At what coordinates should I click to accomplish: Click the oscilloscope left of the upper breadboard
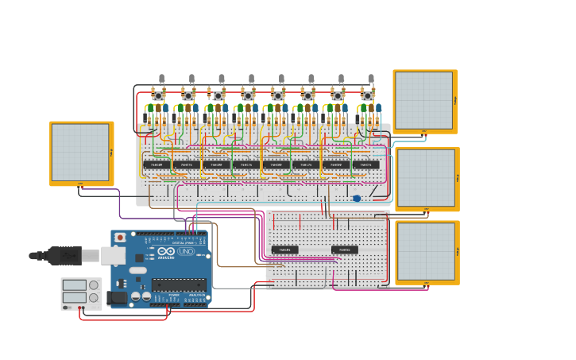80,153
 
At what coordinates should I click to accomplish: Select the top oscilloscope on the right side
424,101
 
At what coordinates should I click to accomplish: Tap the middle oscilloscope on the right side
427,178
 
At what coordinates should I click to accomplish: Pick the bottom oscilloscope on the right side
427,252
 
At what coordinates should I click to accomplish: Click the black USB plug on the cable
64,255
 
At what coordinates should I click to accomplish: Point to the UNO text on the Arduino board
186,251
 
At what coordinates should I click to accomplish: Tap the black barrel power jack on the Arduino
116,299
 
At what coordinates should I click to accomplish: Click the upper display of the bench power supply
75,285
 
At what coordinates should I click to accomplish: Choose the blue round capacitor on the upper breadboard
357,199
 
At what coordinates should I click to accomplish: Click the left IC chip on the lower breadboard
285,250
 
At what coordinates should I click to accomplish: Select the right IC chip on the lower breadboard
345,250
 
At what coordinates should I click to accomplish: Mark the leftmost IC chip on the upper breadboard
156,165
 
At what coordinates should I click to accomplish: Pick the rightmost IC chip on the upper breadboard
365,165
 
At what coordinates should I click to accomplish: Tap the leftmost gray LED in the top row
161,78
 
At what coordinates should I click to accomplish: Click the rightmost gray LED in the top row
371,78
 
